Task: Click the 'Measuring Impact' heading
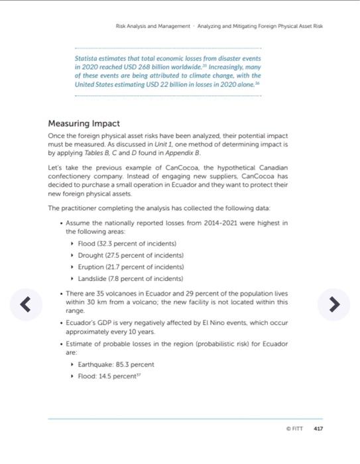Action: pos(84,123)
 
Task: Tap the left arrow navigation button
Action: pos(25,304)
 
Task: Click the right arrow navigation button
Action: pos(334,304)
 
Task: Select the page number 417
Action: pos(318,429)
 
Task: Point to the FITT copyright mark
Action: pos(294,429)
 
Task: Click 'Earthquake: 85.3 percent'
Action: pos(116,364)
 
